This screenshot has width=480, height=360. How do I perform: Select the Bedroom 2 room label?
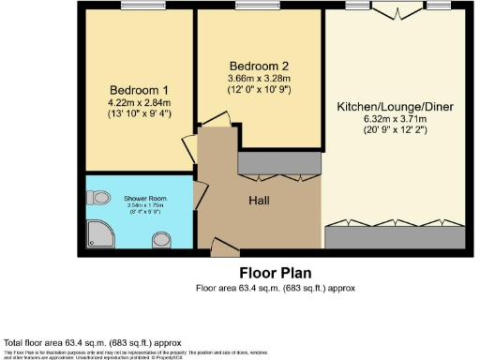pyautogui.click(x=259, y=65)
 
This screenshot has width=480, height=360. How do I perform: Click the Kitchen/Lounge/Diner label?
pyautogui.click(x=395, y=107)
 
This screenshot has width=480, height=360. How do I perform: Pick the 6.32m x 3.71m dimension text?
pyautogui.click(x=395, y=119)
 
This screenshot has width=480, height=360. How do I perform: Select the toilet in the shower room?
pyautogui.click(x=100, y=198)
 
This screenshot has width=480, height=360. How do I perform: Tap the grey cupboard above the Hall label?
pyautogui.click(x=278, y=163)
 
